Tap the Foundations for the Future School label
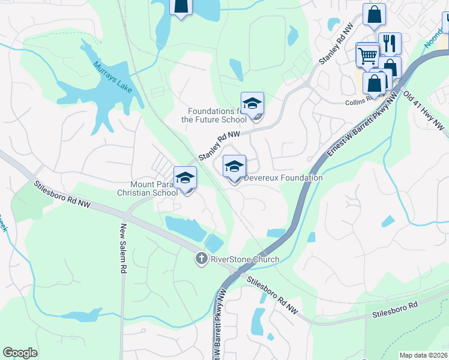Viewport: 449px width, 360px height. click(x=214, y=115)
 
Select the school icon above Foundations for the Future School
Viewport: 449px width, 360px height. click(x=253, y=104)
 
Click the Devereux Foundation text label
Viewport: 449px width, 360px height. click(x=283, y=178)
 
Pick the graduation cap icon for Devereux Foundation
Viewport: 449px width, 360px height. click(x=234, y=167)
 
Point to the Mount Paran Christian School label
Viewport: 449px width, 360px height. click(x=147, y=188)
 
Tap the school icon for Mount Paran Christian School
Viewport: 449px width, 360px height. click(x=185, y=178)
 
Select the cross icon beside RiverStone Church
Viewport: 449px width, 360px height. click(x=201, y=259)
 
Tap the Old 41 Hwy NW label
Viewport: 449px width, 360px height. click(x=424, y=112)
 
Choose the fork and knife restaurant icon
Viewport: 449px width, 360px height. click(x=390, y=44)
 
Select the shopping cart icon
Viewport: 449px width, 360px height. click(x=367, y=56)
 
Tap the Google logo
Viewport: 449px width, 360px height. click(x=20, y=353)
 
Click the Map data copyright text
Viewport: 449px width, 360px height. click(x=424, y=355)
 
